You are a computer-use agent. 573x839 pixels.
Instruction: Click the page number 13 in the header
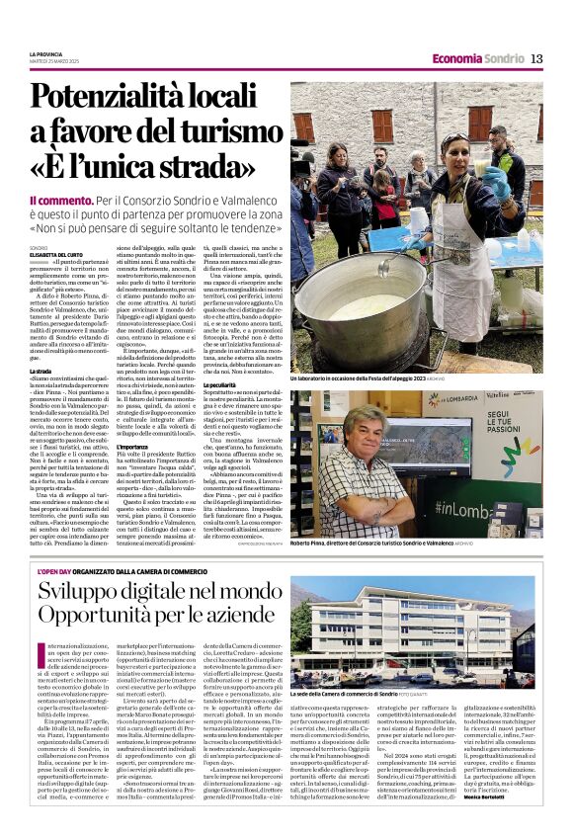click(x=535, y=58)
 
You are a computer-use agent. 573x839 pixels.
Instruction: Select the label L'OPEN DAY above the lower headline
click(x=52, y=570)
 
